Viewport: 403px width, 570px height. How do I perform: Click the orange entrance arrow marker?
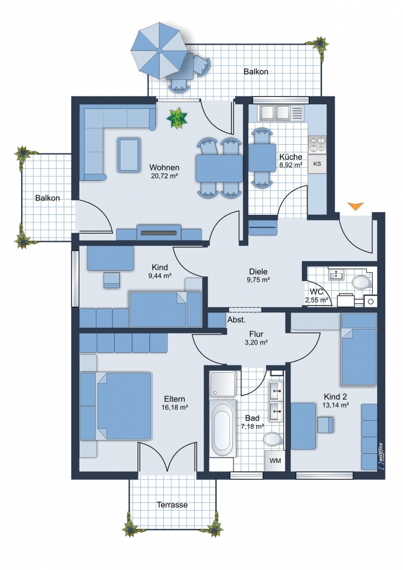[x=355, y=206]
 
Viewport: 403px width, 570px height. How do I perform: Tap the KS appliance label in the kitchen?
[x=317, y=164]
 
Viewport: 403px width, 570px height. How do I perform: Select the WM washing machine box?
[x=275, y=461]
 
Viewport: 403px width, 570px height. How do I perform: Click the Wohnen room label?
[x=164, y=168]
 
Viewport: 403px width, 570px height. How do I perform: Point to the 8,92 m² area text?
[x=291, y=165]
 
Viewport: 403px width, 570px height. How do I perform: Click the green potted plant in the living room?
[x=177, y=118]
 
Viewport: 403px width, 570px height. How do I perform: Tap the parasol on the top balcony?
[x=159, y=50]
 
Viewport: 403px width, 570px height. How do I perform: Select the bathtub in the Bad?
[x=222, y=428]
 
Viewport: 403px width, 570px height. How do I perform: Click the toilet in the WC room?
[x=361, y=282]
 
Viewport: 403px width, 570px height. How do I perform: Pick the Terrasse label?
[x=172, y=505]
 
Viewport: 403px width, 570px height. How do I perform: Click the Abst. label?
[x=237, y=320]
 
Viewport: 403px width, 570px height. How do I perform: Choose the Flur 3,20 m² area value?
[x=257, y=342]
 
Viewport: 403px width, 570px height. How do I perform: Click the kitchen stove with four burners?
[x=317, y=144]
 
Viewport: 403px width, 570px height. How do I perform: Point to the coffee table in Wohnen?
[x=129, y=155]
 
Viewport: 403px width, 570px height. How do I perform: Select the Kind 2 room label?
[x=335, y=397]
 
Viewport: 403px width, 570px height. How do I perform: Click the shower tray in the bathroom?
[x=223, y=384]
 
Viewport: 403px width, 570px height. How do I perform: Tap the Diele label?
[x=258, y=271]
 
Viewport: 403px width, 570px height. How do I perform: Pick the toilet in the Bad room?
[x=273, y=439]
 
